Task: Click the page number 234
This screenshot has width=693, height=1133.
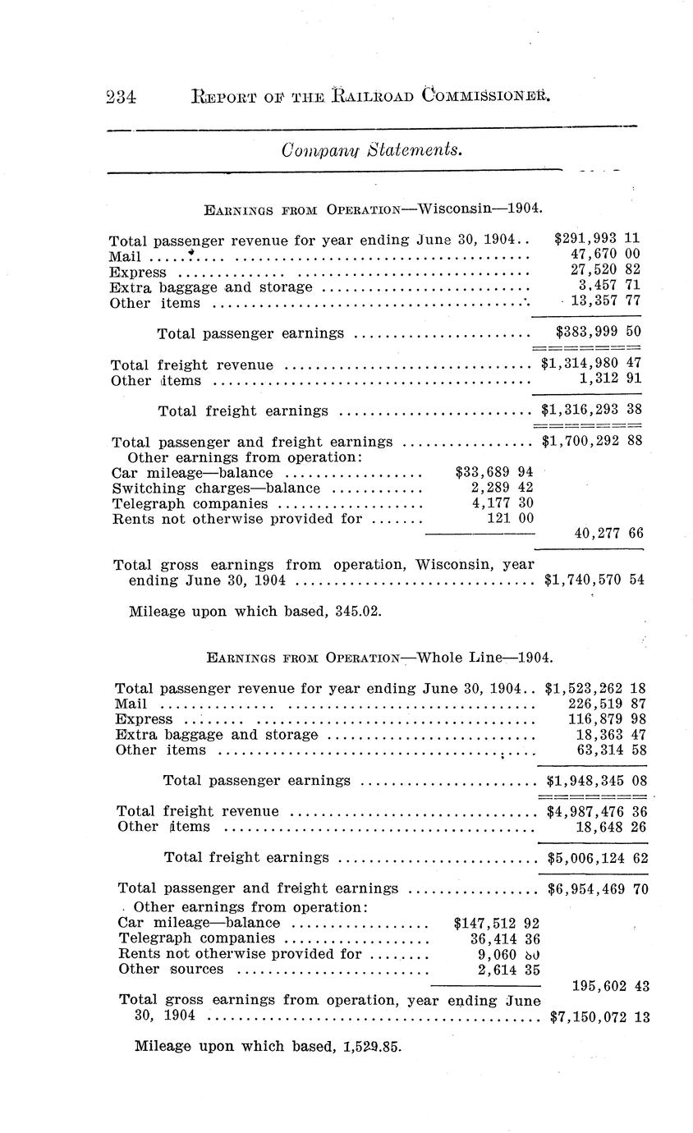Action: tap(121, 97)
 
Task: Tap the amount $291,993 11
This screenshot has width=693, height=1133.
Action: tap(597, 239)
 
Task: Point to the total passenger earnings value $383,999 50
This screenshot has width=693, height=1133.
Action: tap(597, 333)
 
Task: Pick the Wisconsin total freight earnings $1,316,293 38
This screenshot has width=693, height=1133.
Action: tap(590, 410)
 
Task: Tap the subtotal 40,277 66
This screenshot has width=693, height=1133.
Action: tap(608, 533)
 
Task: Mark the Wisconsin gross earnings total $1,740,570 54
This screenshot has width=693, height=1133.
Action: tap(594, 580)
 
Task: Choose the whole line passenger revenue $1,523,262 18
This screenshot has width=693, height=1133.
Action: tap(597, 688)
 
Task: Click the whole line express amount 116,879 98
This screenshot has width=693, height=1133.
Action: tap(608, 719)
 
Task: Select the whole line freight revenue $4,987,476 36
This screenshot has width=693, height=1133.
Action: tap(597, 811)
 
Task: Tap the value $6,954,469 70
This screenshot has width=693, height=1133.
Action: tap(597, 888)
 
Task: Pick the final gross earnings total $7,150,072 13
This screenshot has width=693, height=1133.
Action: tap(599, 1017)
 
